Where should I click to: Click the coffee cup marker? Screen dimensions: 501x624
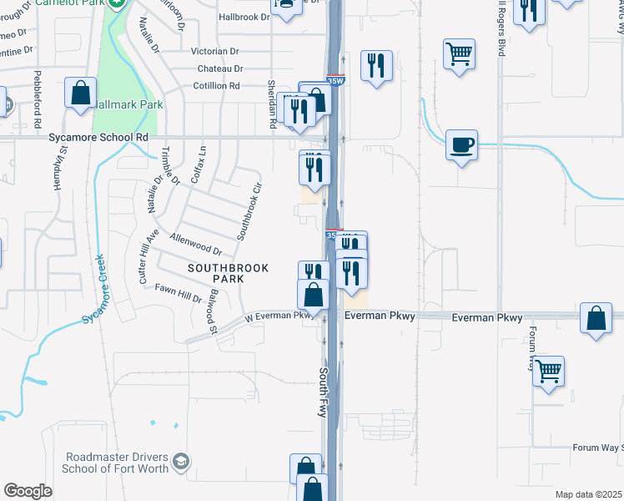[461, 145]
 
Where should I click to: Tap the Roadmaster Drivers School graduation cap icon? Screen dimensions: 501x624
[182, 461]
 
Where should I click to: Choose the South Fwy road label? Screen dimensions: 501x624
[324, 392]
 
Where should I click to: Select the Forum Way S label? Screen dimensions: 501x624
[597, 448]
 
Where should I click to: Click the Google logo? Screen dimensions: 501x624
[28, 490]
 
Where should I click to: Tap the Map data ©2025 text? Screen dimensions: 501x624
[589, 494]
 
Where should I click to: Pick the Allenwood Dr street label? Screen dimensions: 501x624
[195, 245]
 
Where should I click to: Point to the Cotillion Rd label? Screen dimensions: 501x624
[216, 86]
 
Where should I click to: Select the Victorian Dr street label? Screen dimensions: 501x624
[215, 51]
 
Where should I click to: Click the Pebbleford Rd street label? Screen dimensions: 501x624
[38, 99]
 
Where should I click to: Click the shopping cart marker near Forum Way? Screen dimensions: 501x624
[549, 371]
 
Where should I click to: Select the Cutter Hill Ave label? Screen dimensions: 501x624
[148, 256]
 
